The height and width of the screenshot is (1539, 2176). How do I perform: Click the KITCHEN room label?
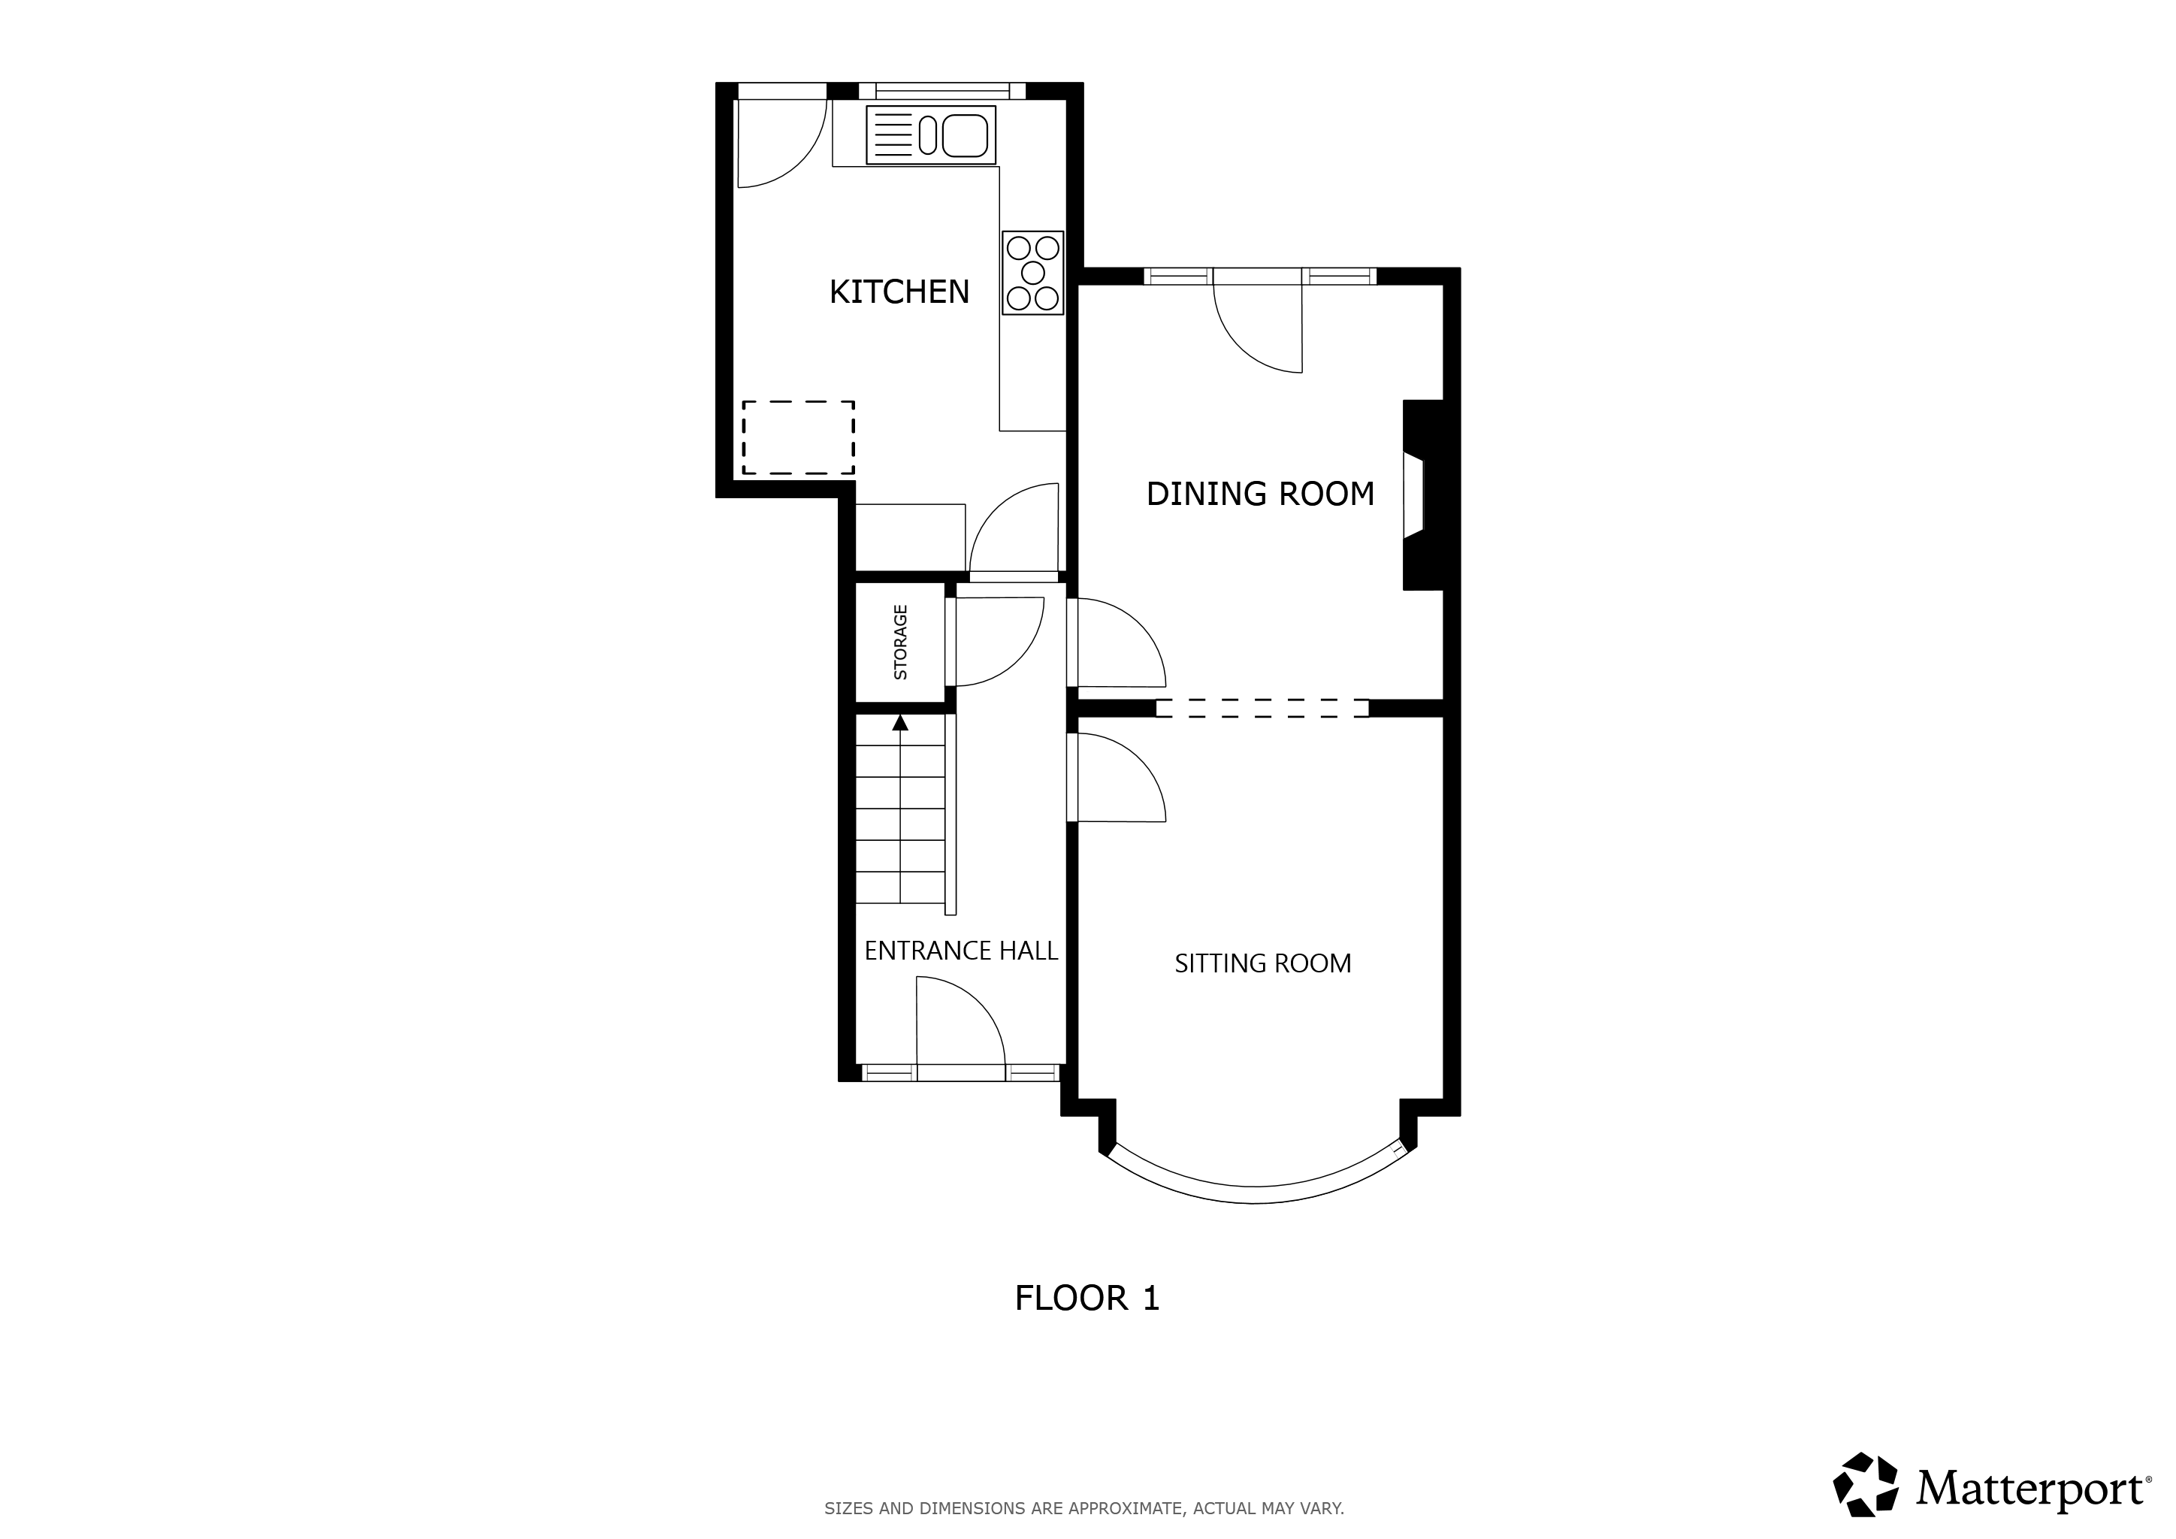899,292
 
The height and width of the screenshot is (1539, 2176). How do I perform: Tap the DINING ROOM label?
1261,494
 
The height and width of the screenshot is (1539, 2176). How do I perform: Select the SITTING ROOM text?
1262,964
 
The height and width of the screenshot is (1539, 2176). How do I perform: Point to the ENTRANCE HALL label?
961,951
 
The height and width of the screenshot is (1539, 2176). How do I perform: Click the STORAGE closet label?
900,643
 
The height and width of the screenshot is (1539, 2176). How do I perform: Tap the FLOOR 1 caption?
1087,1299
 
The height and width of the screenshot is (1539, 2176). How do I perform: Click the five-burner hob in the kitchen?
1033,273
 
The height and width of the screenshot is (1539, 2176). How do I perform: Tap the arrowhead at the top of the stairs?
900,723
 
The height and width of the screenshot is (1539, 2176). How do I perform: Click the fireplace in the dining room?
1422,494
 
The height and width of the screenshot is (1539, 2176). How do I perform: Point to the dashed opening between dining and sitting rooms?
1262,708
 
